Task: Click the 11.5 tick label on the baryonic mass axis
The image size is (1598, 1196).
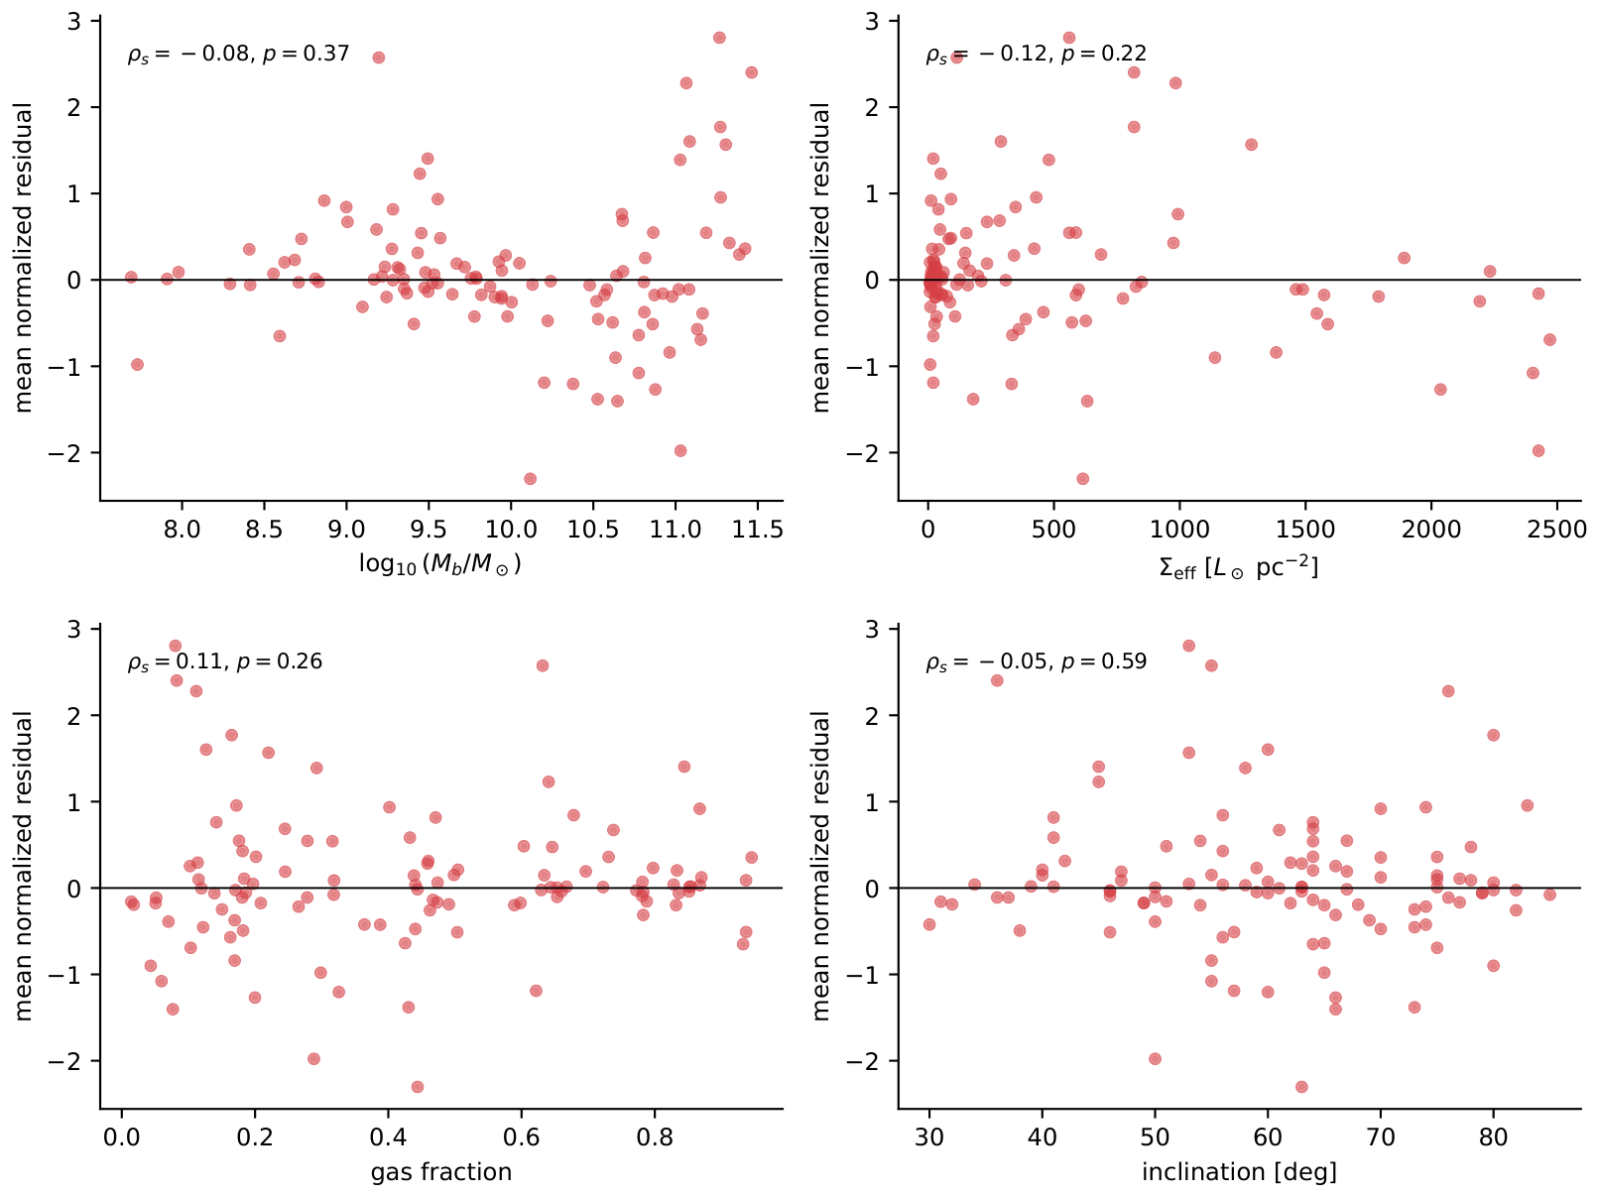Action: (757, 529)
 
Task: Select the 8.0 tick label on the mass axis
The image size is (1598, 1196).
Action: (182, 529)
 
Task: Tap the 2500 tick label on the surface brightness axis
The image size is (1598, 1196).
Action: (1556, 529)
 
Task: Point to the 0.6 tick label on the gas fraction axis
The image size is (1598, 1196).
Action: (522, 1137)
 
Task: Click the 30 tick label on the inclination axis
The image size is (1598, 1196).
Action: (929, 1137)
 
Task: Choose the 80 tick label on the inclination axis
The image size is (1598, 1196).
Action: (1493, 1137)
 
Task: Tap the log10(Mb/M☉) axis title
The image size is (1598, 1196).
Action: (440, 564)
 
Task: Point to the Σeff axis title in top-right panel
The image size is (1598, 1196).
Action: (1239, 566)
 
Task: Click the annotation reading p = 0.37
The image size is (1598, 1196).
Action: (306, 54)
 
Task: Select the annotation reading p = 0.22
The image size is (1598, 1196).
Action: (1104, 54)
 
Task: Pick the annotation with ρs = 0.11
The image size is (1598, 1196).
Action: (225, 662)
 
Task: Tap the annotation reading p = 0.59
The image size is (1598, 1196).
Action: (1104, 662)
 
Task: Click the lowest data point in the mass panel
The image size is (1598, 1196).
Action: (530, 479)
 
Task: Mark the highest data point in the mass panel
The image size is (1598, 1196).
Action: (719, 38)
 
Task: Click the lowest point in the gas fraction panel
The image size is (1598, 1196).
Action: (418, 1087)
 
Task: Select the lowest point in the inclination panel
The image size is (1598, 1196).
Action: (1301, 1087)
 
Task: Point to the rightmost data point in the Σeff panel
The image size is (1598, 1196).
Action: (1550, 340)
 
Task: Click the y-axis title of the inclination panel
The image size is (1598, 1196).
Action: (820, 866)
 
